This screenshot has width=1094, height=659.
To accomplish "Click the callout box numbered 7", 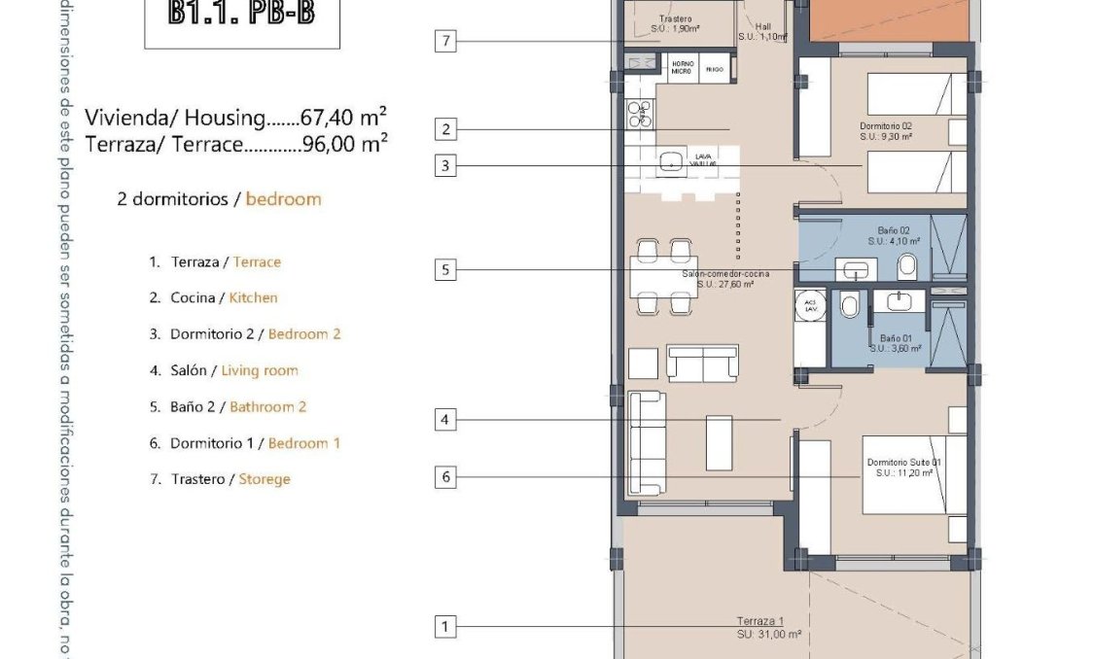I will click(445, 41).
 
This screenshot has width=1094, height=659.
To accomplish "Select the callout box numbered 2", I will click(445, 129).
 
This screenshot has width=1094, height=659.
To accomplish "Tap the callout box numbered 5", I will click(445, 269).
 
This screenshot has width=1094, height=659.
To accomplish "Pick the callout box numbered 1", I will click(445, 627).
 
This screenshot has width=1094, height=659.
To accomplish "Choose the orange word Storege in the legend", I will click(265, 479).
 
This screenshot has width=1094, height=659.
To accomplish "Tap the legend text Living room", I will click(260, 370).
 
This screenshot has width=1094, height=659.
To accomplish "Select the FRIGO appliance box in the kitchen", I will click(714, 70).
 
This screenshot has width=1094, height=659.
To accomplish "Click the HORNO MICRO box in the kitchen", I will click(682, 70).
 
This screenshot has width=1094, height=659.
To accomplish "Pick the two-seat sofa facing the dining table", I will click(700, 363).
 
